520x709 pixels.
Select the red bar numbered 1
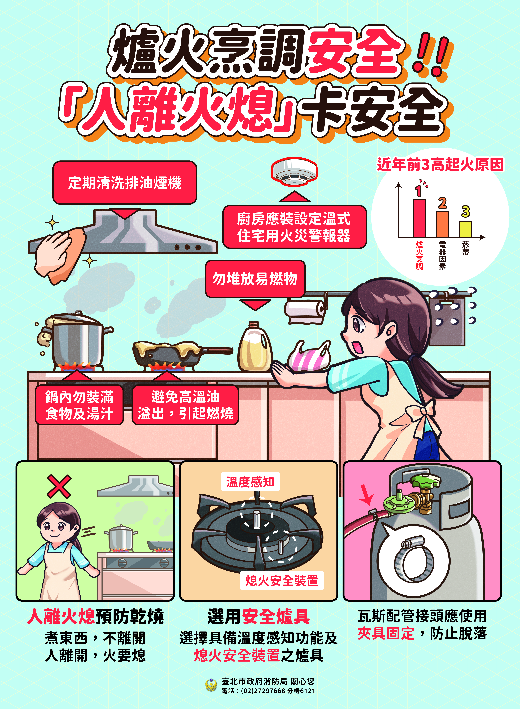[x=419, y=218]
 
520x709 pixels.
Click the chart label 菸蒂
[x=466, y=248]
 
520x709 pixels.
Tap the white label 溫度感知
[x=250, y=482]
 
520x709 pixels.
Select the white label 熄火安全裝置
[x=282, y=580]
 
